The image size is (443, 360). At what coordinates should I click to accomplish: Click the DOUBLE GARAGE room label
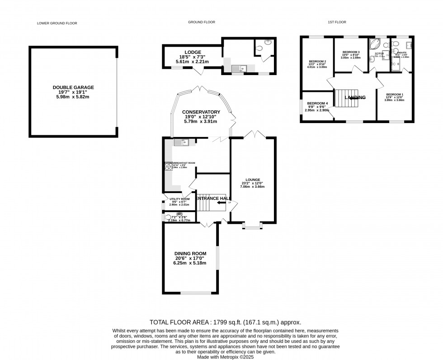(x=73, y=87)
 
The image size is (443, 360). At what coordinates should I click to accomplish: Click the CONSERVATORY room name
(x=201, y=112)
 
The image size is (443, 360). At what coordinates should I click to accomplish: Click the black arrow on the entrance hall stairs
(x=221, y=203)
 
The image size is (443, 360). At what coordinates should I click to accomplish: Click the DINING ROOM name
(x=190, y=253)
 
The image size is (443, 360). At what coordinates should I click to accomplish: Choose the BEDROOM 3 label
(x=351, y=52)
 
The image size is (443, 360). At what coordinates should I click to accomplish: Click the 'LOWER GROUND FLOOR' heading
(x=57, y=22)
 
